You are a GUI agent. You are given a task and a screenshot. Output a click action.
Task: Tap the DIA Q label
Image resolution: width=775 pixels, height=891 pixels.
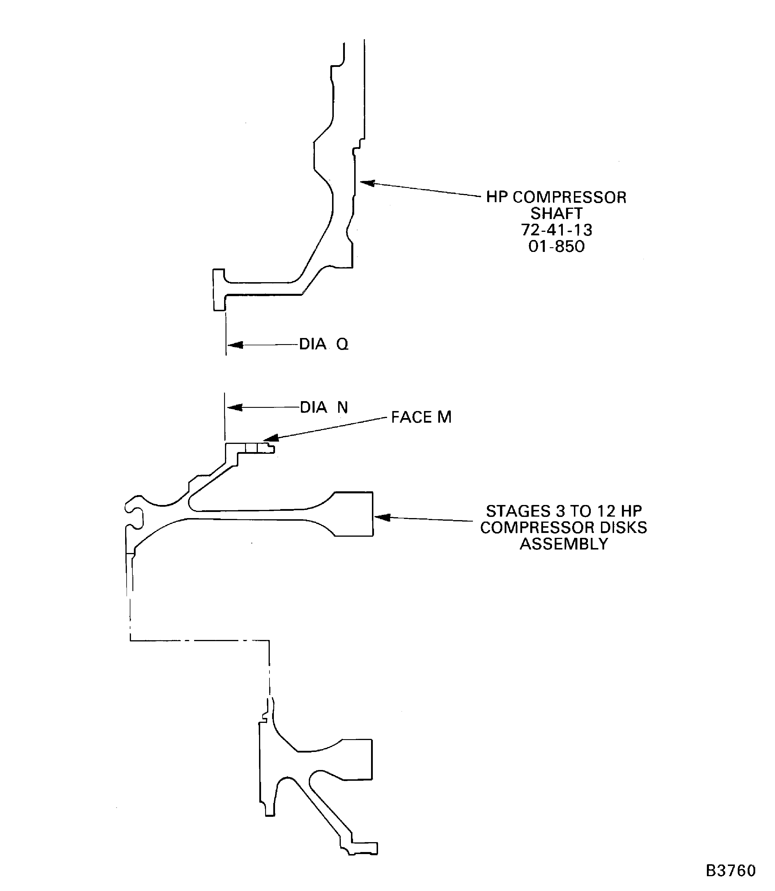point(324,344)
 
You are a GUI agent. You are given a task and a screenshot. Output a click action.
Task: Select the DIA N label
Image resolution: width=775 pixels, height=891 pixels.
point(324,407)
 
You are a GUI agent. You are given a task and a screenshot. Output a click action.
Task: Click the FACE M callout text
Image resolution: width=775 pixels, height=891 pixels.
point(421,417)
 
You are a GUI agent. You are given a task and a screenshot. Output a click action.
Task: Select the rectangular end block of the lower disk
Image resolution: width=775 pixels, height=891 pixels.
point(357,759)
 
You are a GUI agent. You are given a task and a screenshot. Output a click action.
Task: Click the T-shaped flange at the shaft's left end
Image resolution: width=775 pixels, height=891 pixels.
point(219,289)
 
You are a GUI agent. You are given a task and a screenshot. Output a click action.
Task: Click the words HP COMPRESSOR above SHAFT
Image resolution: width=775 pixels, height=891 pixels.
point(556,197)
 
